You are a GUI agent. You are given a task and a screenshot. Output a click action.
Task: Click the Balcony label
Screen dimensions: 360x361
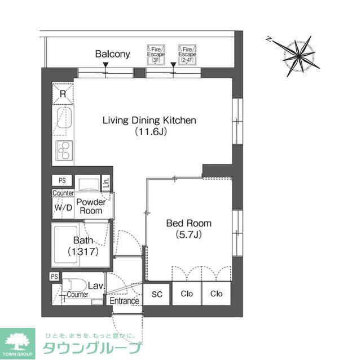(112, 54)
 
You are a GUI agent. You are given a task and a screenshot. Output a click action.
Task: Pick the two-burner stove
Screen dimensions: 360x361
(63, 150)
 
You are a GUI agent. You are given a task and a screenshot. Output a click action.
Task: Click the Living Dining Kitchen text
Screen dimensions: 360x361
(149, 120)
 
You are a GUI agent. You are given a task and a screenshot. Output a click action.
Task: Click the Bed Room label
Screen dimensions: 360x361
(188, 223)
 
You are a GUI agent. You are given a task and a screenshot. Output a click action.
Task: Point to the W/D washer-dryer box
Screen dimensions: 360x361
(63, 207)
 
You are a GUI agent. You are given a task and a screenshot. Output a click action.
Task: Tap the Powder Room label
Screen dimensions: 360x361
(90, 206)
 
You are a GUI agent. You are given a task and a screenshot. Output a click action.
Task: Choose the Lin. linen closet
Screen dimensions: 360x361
(106, 183)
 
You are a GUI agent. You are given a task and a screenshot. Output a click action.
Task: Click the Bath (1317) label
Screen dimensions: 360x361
(83, 247)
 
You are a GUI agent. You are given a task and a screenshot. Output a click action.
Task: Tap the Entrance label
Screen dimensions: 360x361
(124, 301)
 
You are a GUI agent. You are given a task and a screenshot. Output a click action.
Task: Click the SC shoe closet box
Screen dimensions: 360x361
(157, 294)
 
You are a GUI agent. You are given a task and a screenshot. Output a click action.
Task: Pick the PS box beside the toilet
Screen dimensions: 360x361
(55, 277)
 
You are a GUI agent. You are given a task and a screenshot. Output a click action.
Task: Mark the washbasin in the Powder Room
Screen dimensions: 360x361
(87, 185)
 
